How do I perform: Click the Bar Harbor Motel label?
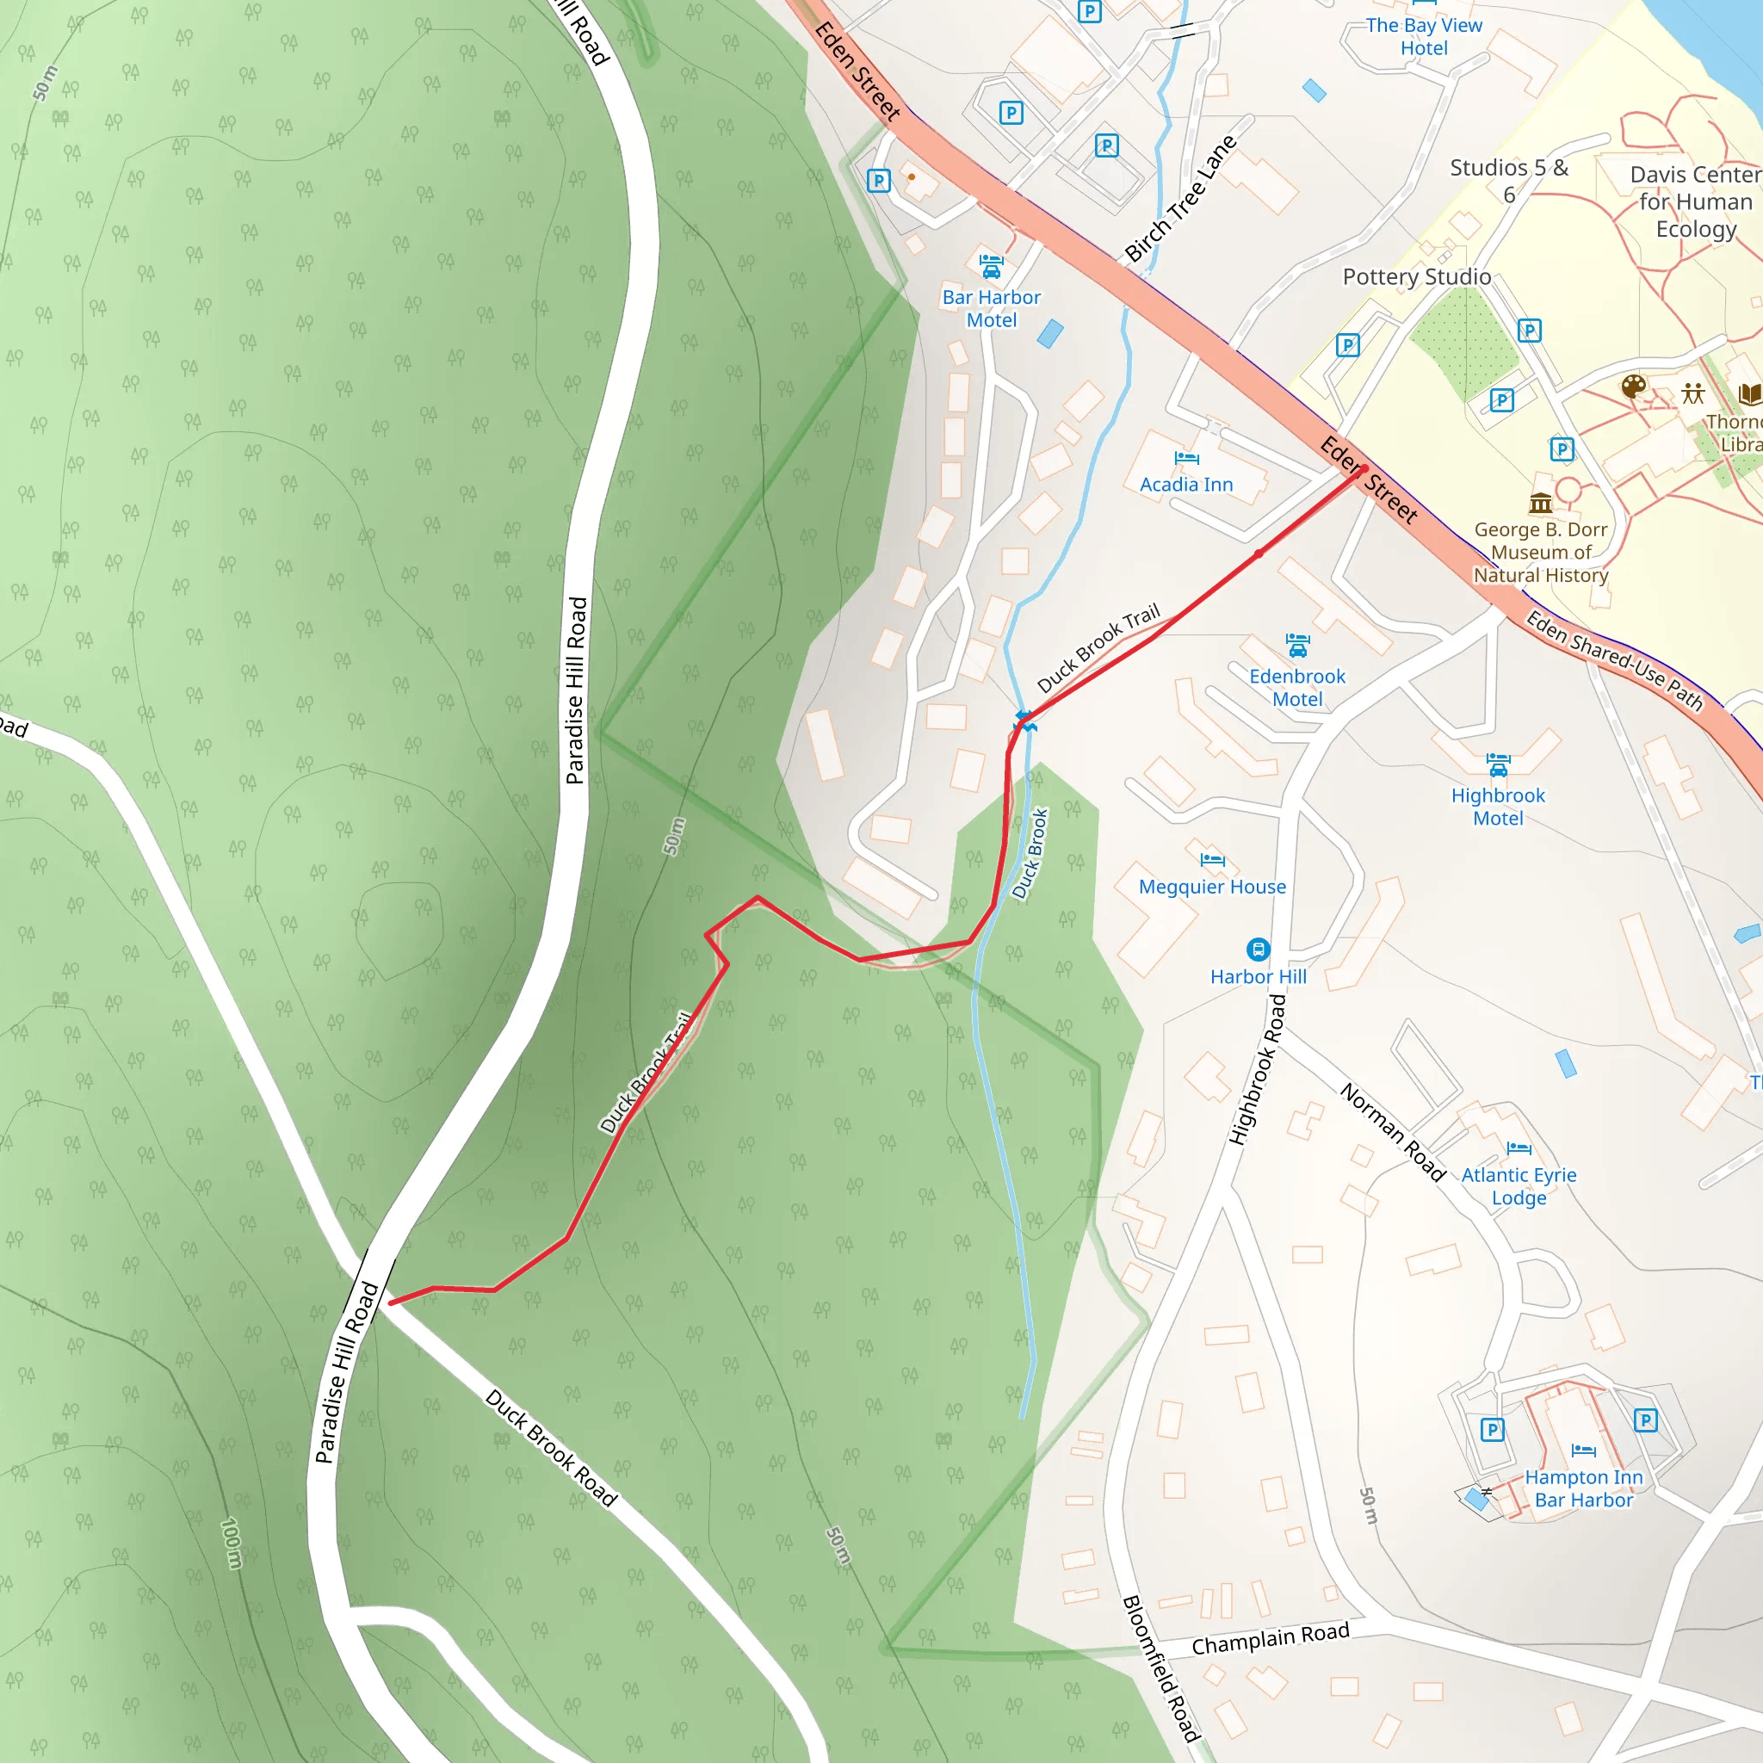[x=991, y=308]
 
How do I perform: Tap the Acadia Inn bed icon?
[x=1186, y=458]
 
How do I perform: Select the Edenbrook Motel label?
[x=1296, y=687]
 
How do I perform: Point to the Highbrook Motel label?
[x=1498, y=807]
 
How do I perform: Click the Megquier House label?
[x=1212, y=887]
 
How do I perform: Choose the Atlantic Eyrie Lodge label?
[x=1519, y=1186]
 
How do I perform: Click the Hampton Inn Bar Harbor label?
[x=1583, y=1488]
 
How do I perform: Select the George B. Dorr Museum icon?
[x=1540, y=503]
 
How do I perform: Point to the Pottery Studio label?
[x=1416, y=276]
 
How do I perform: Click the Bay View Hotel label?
[x=1424, y=36]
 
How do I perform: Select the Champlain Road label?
[x=1271, y=1639]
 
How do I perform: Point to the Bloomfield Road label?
[x=1160, y=1668]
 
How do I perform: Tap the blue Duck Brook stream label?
[x=1030, y=854]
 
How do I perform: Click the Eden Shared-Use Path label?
[x=1614, y=660]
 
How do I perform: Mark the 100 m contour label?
[x=232, y=1543]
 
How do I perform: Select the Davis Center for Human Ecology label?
[x=1696, y=201]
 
